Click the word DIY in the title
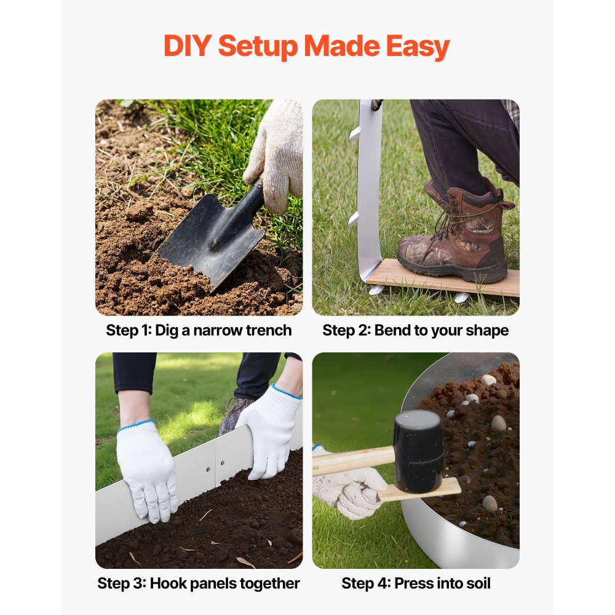188,46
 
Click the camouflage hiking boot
456,236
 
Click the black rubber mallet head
418,451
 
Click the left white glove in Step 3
147,470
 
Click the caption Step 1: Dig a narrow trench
199,330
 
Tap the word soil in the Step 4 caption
478,583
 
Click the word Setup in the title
258,47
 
